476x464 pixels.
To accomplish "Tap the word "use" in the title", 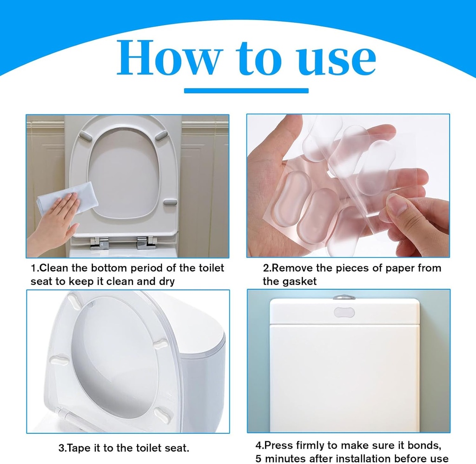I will [335, 58].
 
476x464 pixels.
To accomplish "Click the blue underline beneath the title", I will [246, 90].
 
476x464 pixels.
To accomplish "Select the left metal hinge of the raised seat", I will [99, 243].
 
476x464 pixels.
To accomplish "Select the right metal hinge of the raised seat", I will [146, 243].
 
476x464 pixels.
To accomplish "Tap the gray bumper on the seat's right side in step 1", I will [170, 202].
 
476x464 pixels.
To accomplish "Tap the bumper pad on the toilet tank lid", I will [344, 312].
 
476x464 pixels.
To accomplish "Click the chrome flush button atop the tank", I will [344, 297].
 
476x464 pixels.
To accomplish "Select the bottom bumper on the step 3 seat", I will [164, 412].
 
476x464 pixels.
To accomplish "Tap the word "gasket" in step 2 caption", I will [300, 281].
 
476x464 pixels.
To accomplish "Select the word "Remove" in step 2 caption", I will [290, 268].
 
